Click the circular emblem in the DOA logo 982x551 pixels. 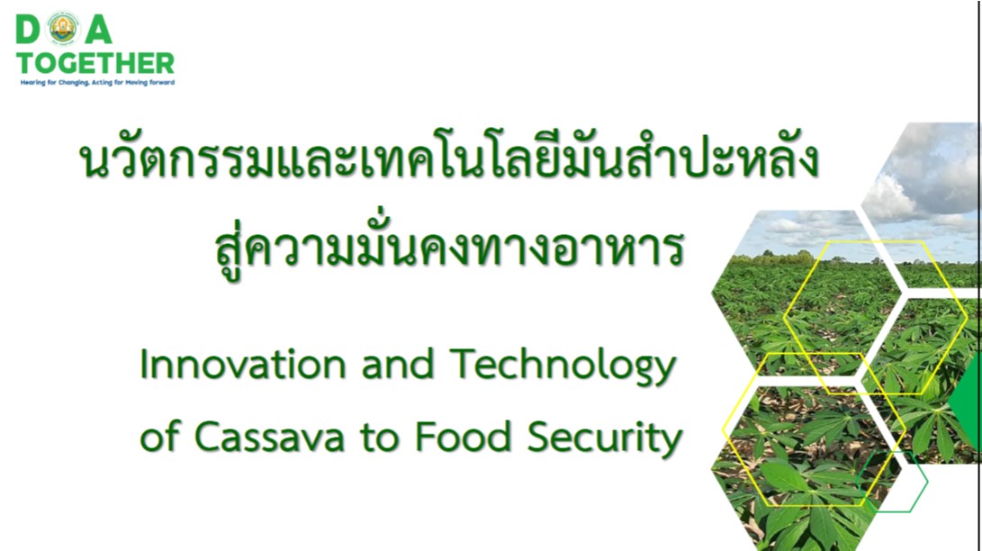63,29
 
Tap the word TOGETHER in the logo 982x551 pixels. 95,63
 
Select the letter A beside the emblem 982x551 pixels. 98,30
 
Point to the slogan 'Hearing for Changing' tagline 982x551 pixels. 97,82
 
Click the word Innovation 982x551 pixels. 242,364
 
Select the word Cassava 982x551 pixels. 269,437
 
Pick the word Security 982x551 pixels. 604,438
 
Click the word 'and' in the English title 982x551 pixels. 398,364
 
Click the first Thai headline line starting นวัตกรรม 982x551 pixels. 449,159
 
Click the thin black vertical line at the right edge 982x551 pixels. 978,275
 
